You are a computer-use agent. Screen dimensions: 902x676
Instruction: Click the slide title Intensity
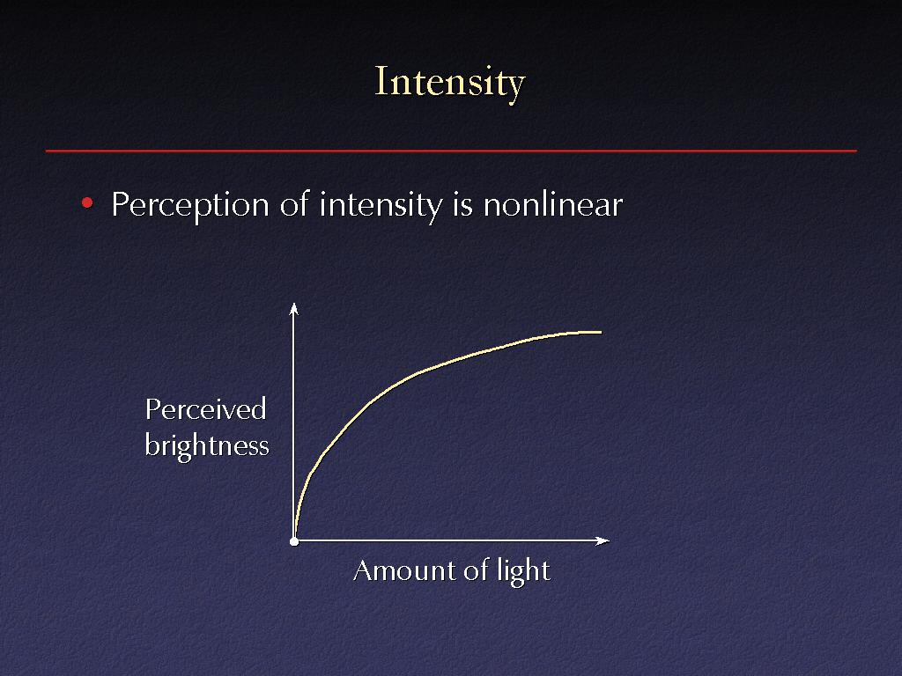pyautogui.click(x=450, y=83)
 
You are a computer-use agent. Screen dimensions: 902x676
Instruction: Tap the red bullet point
pyautogui.click(x=87, y=202)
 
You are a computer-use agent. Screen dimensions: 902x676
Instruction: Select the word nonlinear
pyautogui.click(x=553, y=204)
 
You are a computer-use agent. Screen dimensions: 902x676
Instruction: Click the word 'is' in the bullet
pyautogui.click(x=462, y=204)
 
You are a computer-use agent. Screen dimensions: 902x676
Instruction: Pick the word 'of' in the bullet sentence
pyautogui.click(x=294, y=203)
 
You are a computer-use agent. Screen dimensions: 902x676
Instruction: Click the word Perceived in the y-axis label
pyautogui.click(x=205, y=409)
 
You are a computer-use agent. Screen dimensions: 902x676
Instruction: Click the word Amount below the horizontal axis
pyautogui.click(x=403, y=570)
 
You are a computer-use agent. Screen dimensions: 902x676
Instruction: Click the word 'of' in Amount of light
pyautogui.click(x=476, y=570)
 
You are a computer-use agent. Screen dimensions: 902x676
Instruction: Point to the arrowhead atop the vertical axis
pyautogui.click(x=294, y=308)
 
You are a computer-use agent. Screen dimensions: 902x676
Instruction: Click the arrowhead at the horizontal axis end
pyautogui.click(x=603, y=540)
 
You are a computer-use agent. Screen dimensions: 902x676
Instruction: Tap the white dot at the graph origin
pyautogui.click(x=294, y=541)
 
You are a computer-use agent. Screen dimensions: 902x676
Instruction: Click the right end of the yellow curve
pyautogui.click(x=601, y=332)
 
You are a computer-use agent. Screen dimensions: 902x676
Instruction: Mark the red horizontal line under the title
pyautogui.click(x=451, y=151)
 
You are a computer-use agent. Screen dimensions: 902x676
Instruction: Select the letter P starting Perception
pyautogui.click(x=120, y=204)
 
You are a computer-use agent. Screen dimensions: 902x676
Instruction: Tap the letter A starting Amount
pyautogui.click(x=364, y=570)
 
